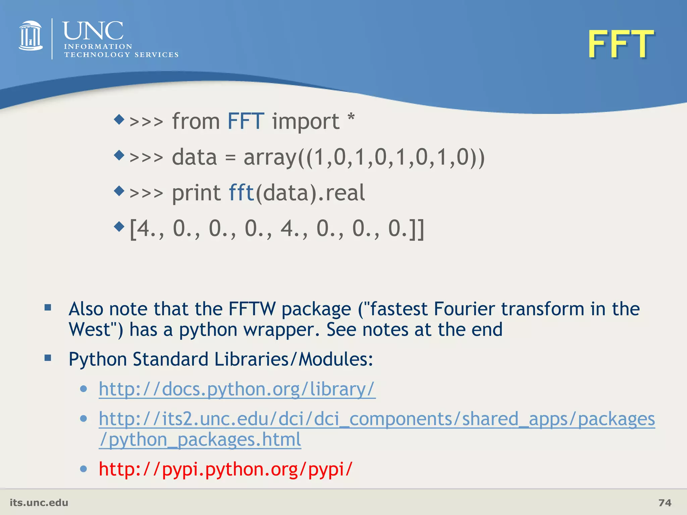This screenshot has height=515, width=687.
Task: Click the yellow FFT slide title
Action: (x=621, y=44)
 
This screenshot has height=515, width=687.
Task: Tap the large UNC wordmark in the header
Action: (x=93, y=31)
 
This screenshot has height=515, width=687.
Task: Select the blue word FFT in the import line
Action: (x=246, y=121)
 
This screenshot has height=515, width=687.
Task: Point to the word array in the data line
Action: (x=270, y=158)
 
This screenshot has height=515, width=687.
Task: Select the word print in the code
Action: (x=196, y=193)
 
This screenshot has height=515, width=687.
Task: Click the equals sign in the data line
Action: (x=230, y=158)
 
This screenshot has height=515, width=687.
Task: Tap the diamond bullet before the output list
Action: (x=119, y=227)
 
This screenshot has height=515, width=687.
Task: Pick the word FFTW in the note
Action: (x=252, y=309)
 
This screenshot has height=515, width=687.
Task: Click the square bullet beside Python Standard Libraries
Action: (x=48, y=358)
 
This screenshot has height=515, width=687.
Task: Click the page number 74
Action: (x=665, y=503)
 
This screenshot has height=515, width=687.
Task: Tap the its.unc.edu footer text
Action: (x=39, y=503)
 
